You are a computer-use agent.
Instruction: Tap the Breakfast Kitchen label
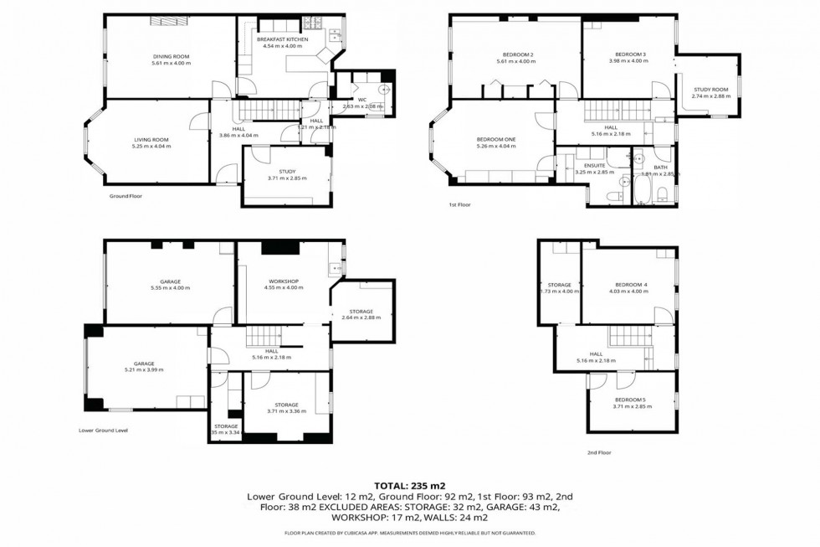tap(282, 39)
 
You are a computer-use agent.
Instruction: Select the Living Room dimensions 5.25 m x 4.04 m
tap(151, 147)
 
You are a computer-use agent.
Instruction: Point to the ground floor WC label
tap(362, 99)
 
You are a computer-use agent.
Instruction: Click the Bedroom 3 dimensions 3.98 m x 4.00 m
tap(628, 61)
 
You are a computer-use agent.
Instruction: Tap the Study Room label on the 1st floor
tap(710, 89)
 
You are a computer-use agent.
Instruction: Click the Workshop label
tap(284, 281)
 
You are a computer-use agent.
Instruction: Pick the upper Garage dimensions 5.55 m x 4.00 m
tap(171, 288)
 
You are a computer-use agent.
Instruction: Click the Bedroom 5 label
tap(631, 400)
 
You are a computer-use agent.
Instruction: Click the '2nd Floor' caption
tap(599, 452)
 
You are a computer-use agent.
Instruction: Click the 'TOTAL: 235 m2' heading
tap(409, 485)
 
